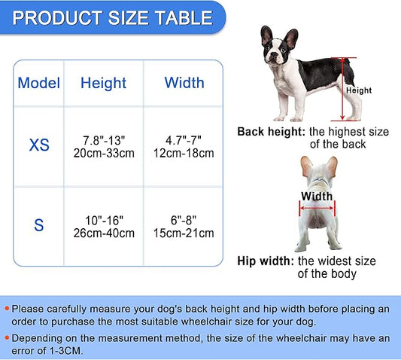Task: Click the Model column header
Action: pos(38,82)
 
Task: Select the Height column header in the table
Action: pos(103,82)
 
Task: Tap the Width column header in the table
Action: pos(184,82)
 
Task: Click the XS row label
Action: pos(38,145)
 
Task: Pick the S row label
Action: pos(38,224)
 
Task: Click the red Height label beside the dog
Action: pos(359,90)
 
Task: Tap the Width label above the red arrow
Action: pos(316,197)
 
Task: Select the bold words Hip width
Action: pos(266,261)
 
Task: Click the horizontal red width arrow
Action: pos(316,206)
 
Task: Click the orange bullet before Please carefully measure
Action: pos(7,309)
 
